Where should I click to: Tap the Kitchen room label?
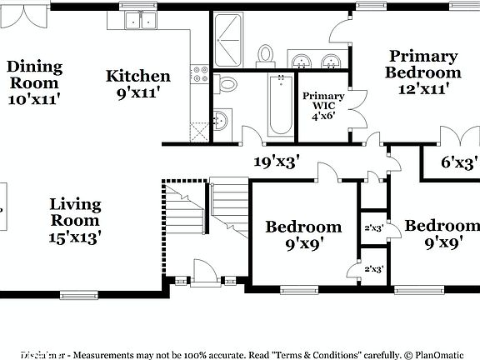point(138,76)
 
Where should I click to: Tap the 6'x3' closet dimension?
point(458,162)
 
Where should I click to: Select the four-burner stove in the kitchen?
point(200,74)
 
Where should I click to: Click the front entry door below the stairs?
point(204,275)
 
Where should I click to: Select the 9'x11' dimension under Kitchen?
point(138,94)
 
